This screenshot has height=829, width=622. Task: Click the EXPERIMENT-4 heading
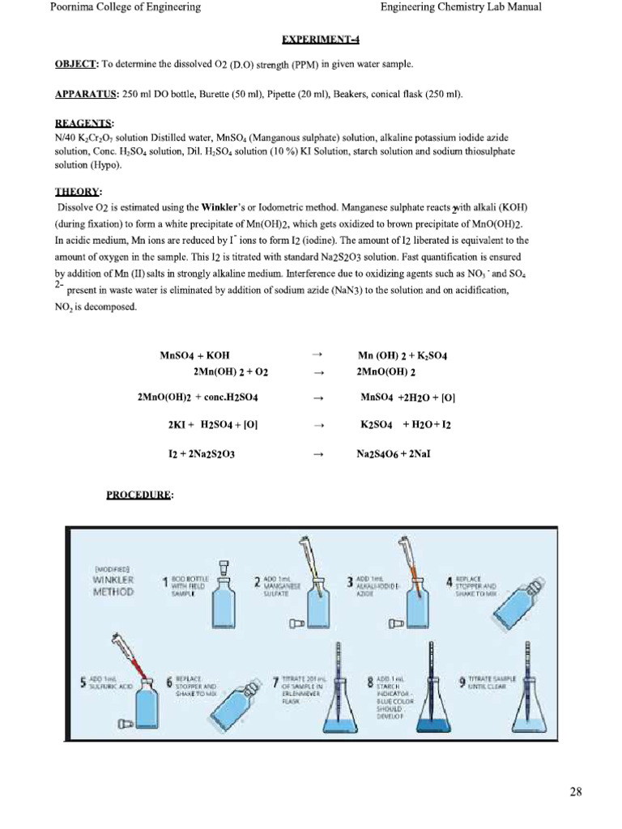[x=320, y=39]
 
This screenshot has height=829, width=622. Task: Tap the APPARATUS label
[x=87, y=95]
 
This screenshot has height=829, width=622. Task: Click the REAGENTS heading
[x=83, y=122]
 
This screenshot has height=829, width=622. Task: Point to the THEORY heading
[x=78, y=192]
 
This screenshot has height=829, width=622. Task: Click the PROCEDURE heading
[x=139, y=495]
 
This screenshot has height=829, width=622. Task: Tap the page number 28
[x=575, y=792]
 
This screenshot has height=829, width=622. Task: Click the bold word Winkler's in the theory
[x=224, y=207]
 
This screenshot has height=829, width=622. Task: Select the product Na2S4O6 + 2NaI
[x=394, y=454]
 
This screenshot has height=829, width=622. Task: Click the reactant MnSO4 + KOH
[x=195, y=355]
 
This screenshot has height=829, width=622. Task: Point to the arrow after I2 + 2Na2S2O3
[x=317, y=454]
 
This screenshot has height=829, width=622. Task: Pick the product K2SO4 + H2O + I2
[x=405, y=424]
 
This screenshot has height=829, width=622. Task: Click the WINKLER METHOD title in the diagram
[x=113, y=585]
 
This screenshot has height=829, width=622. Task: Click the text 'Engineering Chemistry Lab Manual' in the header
[x=461, y=8]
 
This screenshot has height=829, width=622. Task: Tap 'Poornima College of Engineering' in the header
[x=126, y=8]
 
